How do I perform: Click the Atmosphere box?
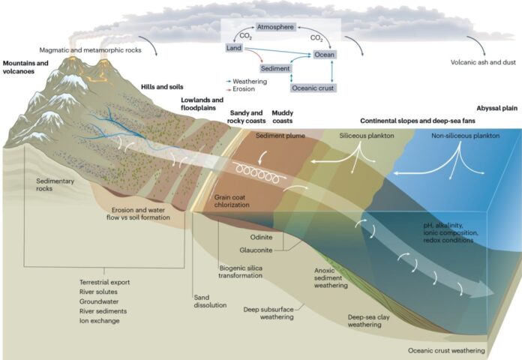275,27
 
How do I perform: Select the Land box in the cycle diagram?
234,48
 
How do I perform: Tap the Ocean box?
324,54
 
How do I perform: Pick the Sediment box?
275,68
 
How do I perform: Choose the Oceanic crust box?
313,88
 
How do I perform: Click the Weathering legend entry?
247,81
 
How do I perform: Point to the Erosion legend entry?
240,89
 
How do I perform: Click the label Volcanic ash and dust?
483,62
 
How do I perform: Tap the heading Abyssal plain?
497,108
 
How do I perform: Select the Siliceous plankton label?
367,136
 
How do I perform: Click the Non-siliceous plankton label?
466,136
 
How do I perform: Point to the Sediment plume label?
280,136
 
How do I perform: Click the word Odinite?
261,237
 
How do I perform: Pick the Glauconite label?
256,250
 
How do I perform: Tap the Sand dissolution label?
210,301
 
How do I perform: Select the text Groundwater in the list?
99,301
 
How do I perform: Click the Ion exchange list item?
99,321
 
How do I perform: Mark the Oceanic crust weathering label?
446,351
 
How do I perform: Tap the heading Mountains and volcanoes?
25,67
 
